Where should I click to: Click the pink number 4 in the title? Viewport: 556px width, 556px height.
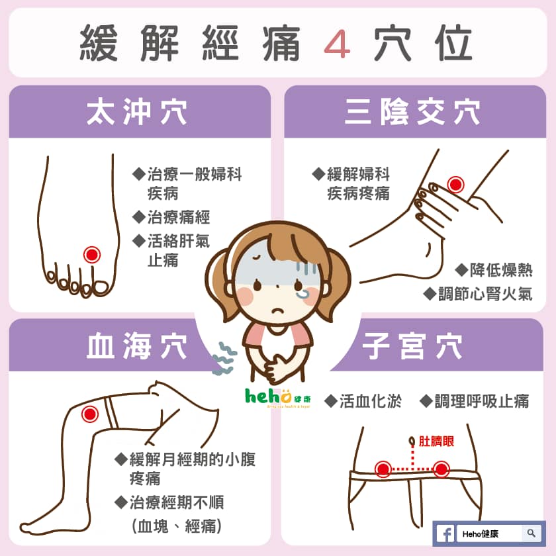tap(337, 44)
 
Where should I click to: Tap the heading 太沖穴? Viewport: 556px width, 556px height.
tap(137, 112)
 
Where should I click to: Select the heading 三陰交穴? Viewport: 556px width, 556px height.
tap(412, 112)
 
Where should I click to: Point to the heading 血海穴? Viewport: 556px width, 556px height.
tap(137, 346)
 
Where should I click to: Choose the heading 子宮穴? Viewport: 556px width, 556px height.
tap(412, 346)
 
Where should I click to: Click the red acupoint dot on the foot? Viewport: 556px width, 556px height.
tap(92, 255)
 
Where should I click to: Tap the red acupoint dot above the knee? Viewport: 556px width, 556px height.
tap(90, 414)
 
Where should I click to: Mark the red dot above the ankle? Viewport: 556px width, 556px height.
tap(455, 185)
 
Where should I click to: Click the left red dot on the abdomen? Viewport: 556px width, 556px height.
tap(383, 469)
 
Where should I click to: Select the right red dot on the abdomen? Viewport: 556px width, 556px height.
tap(441, 469)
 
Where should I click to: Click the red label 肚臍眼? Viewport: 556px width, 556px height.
tap(436, 441)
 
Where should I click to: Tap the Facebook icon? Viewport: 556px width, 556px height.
tap(446, 533)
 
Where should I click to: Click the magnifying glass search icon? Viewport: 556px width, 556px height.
tap(531, 533)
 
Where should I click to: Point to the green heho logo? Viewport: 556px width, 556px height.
tap(277, 397)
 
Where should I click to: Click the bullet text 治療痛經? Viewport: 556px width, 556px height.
tap(171, 217)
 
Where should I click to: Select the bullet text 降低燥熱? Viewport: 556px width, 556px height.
tap(494, 270)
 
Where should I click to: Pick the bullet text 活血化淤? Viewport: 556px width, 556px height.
tap(363, 401)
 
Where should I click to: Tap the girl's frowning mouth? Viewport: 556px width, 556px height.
tap(279, 310)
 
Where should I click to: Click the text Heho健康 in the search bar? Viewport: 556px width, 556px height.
tap(481, 533)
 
